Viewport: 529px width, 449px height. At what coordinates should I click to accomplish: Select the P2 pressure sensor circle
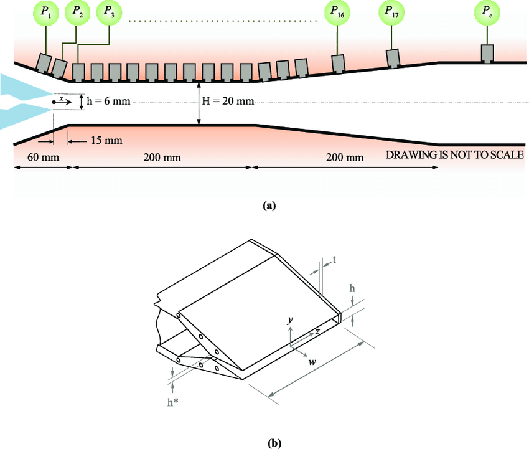pyautogui.click(x=77, y=13)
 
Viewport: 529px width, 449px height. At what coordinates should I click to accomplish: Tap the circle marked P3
pyautogui.click(x=109, y=13)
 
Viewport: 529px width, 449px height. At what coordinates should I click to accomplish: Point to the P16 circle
pyautogui.click(x=337, y=13)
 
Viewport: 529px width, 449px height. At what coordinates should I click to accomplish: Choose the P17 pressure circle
pyautogui.click(x=393, y=13)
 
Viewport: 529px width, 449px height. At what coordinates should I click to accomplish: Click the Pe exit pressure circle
pyautogui.click(x=486, y=13)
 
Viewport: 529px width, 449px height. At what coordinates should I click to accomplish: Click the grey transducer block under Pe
pyautogui.click(x=487, y=54)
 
